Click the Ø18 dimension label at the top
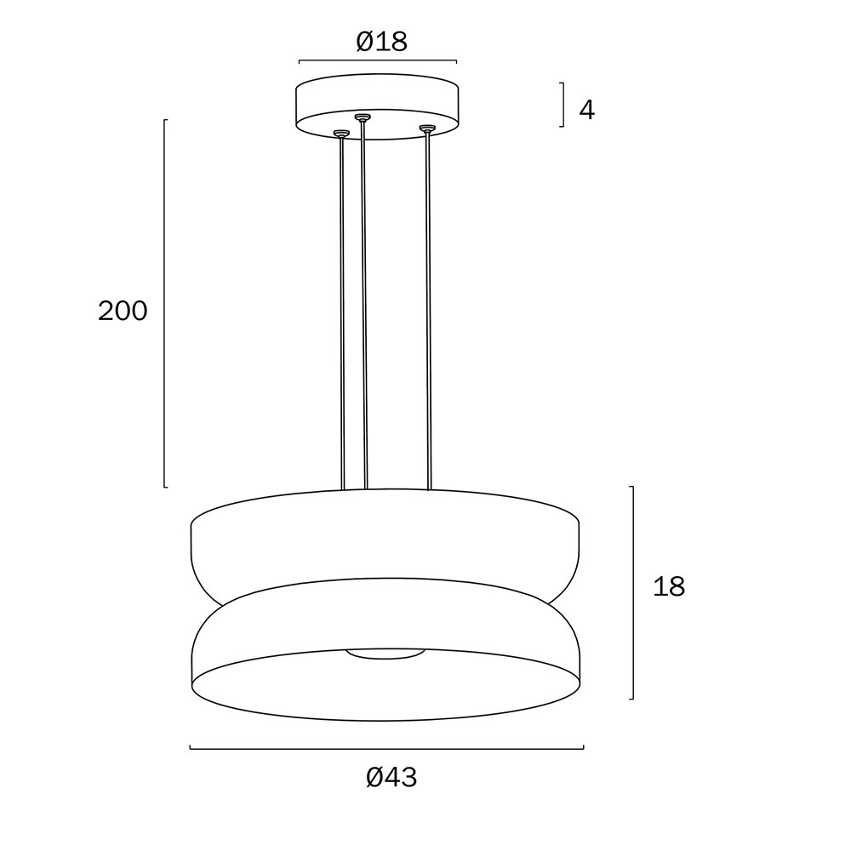pyautogui.click(x=381, y=42)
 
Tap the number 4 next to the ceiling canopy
pyautogui.click(x=587, y=110)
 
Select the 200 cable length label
pyautogui.click(x=123, y=311)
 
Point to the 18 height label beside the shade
pyautogui.click(x=669, y=586)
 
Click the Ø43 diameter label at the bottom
pyautogui.click(x=391, y=777)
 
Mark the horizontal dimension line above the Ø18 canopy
pyautogui.click(x=378, y=60)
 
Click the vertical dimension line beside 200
pyautogui.click(x=165, y=304)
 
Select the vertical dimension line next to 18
pyautogui.click(x=632, y=592)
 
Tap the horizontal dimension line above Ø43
pyautogui.click(x=386, y=748)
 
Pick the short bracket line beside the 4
pyautogui.click(x=563, y=105)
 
